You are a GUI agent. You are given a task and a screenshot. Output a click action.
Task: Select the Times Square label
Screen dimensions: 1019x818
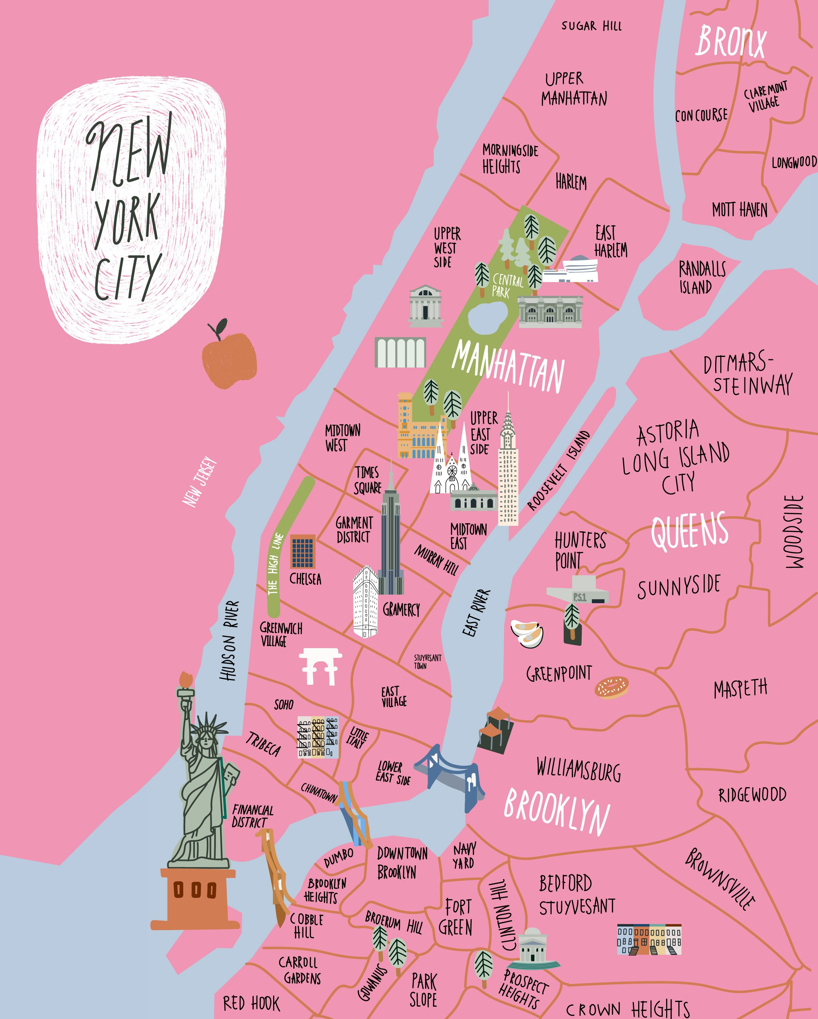(367, 480)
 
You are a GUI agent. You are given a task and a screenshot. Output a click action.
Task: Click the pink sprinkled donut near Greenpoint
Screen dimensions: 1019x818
(612, 687)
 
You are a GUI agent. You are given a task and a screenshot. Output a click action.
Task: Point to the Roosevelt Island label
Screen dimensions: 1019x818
(559, 471)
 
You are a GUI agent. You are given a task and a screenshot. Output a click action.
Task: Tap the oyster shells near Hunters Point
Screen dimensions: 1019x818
(526, 633)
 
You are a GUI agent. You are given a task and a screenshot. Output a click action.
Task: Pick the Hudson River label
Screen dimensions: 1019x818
(230, 640)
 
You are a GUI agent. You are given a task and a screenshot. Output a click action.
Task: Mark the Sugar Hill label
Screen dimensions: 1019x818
(591, 26)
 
